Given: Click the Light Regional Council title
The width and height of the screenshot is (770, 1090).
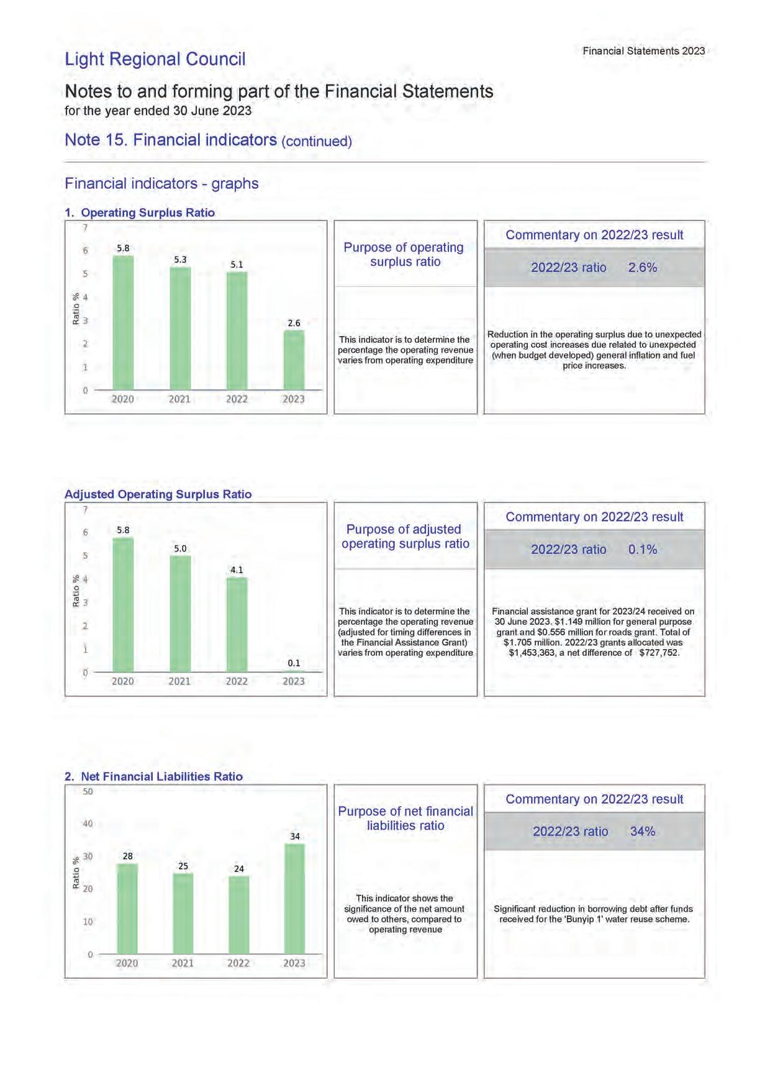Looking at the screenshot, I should [155, 59].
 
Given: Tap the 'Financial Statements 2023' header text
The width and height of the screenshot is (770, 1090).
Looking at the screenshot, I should [643, 51].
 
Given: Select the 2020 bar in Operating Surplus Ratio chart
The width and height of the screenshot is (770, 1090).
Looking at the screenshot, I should [123, 322].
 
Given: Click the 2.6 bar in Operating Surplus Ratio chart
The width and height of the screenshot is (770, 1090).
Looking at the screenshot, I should [294, 360].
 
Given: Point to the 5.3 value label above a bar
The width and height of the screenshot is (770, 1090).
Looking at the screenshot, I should [180, 260].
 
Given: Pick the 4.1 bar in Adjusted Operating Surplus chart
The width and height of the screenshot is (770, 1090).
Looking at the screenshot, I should [237, 624].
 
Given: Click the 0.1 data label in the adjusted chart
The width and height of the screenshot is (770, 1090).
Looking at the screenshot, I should [294, 663].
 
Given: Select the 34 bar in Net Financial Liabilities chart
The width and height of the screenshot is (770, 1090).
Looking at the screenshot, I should [294, 898].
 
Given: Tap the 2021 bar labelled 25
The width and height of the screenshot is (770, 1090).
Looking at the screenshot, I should [183, 913].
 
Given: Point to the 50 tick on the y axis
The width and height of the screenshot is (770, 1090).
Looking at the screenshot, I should [88, 791].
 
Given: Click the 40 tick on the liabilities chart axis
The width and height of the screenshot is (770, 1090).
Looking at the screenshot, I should [88, 824].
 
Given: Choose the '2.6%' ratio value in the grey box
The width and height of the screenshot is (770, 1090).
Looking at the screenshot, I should [642, 268].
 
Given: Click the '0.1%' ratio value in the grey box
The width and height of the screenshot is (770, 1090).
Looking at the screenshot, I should [642, 550].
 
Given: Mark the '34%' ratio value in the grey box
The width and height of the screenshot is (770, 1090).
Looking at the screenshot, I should [642, 832].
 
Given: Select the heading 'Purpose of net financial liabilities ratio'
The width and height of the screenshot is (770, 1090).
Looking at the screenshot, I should [405, 818].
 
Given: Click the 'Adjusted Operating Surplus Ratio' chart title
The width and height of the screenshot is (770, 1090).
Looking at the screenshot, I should [158, 494].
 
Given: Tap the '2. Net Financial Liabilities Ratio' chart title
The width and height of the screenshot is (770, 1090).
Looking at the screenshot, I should [153, 776].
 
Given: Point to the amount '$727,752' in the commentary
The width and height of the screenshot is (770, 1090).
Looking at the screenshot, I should [659, 653].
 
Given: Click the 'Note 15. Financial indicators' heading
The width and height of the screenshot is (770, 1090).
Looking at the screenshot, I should [171, 140].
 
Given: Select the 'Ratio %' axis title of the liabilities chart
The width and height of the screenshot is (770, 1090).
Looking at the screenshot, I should [76, 873].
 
